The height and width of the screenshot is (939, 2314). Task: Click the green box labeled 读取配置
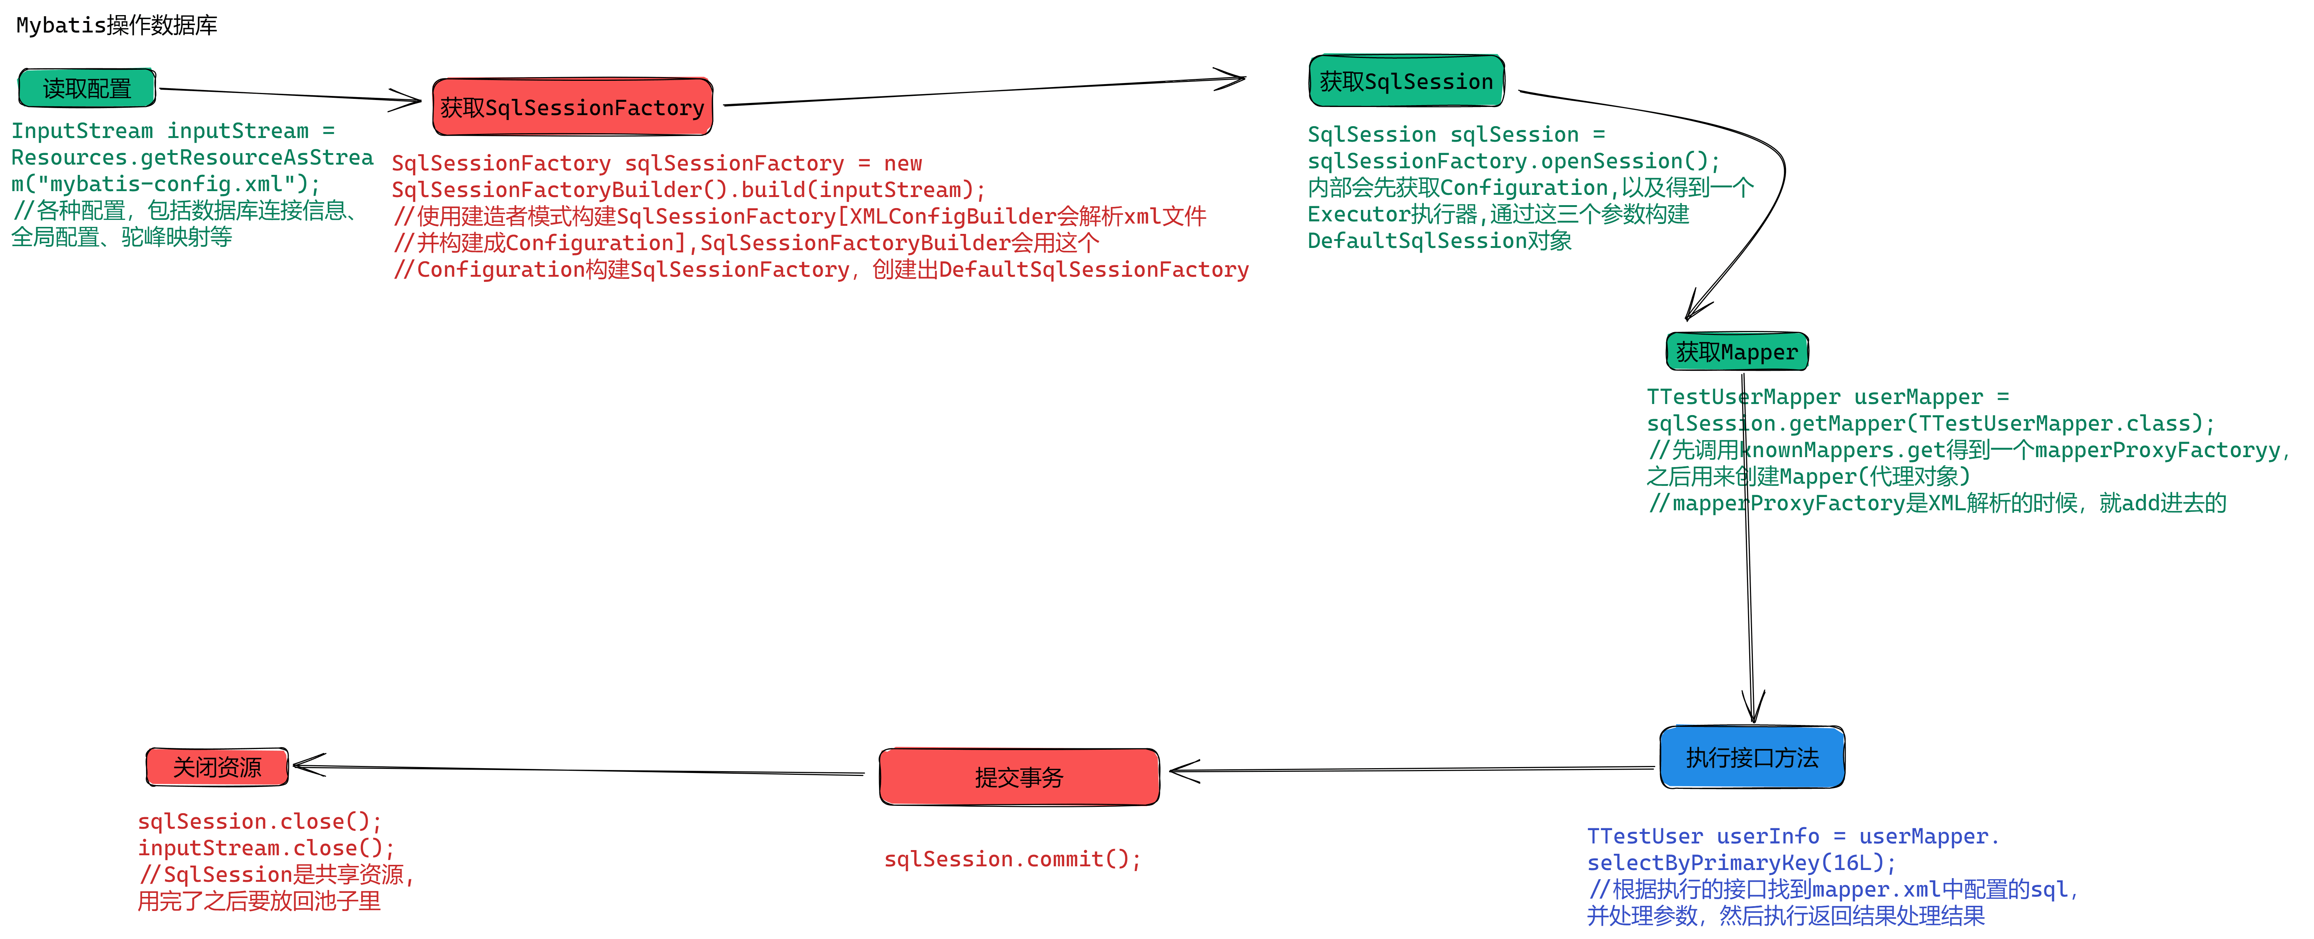[x=87, y=88]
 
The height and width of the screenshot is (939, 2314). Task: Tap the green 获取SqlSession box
[x=1407, y=81]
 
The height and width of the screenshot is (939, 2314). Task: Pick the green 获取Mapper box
[x=1737, y=351]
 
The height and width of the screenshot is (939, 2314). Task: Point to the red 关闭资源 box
[x=218, y=766]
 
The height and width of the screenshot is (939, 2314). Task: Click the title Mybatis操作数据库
[x=117, y=25]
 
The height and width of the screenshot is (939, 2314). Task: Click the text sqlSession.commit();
[x=1012, y=859]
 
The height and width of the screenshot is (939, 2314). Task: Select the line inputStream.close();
[x=266, y=847]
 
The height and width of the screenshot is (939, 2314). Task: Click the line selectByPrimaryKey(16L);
[x=1741, y=863]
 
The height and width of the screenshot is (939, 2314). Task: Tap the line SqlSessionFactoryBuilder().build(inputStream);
[x=688, y=190]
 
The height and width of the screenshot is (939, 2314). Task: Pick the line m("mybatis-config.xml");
[x=165, y=183]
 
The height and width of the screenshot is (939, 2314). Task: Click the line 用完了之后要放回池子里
[x=259, y=900]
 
